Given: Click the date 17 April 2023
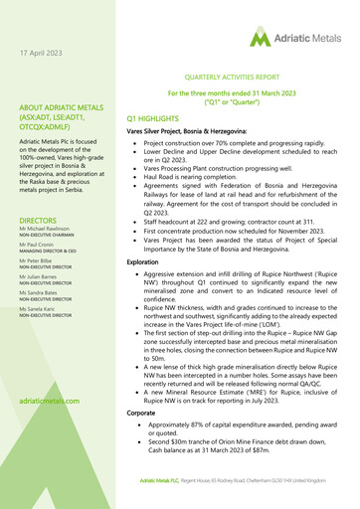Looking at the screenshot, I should click(x=50, y=52).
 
